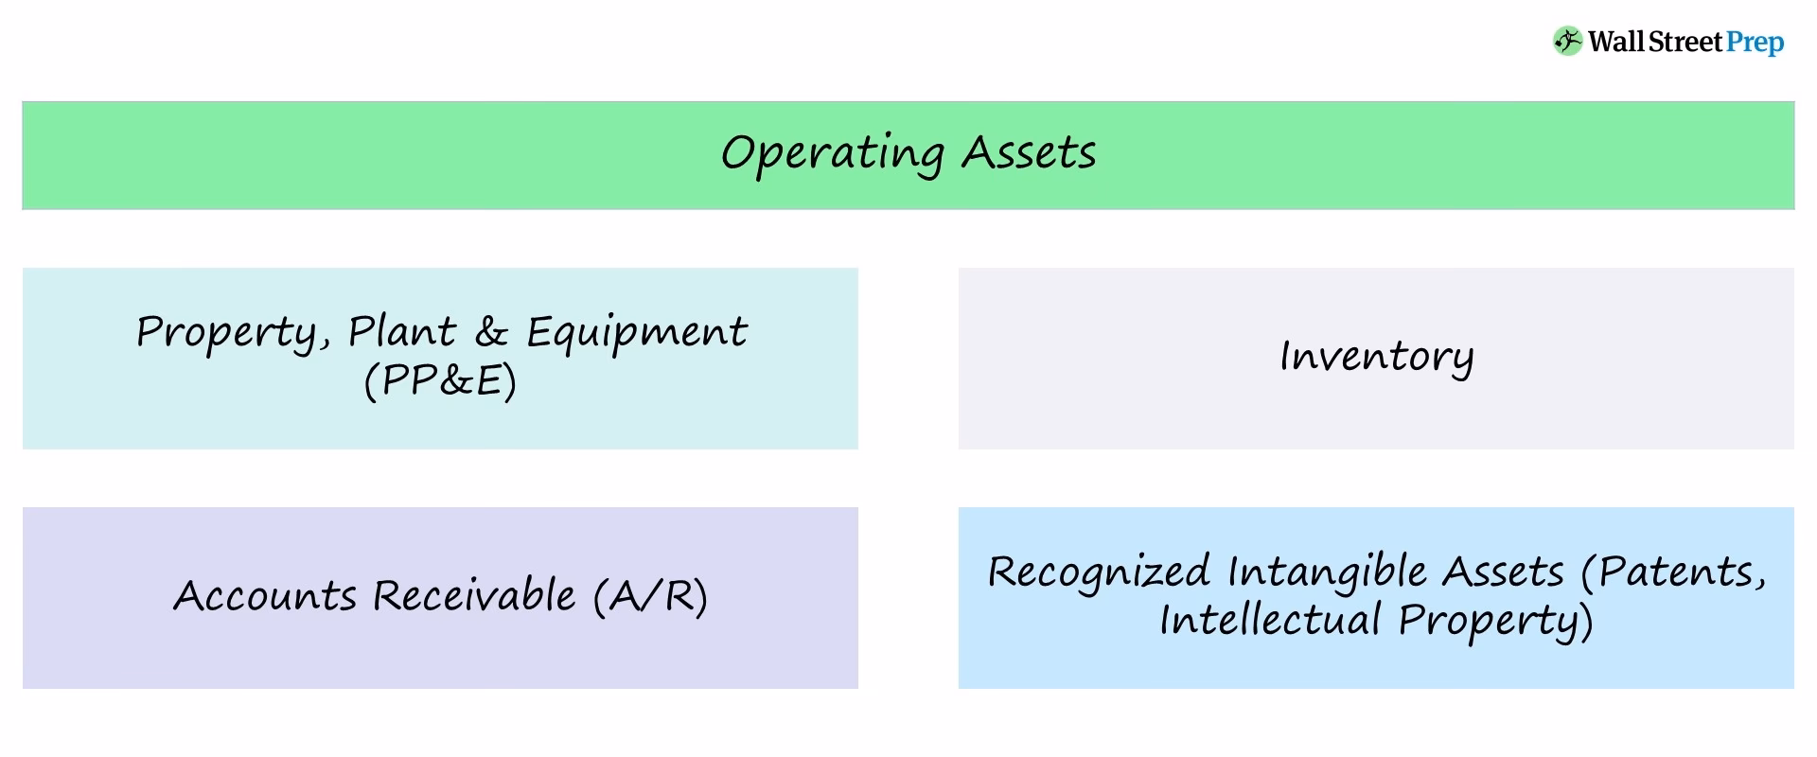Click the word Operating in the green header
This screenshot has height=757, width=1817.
[x=832, y=153]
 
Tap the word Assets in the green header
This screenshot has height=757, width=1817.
[x=1029, y=153]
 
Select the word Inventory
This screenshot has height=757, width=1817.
[x=1376, y=357]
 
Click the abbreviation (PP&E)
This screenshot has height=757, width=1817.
[x=440, y=380]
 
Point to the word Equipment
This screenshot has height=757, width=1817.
[x=636, y=332]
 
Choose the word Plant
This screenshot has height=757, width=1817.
[x=401, y=332]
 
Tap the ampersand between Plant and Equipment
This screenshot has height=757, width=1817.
[x=491, y=332]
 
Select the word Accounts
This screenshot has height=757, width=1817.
[x=265, y=596]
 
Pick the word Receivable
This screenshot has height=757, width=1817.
[x=473, y=596]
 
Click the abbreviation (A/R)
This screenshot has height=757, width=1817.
[x=650, y=596]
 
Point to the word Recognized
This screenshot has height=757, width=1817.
[x=1099, y=572]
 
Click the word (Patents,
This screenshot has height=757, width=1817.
[x=1673, y=572]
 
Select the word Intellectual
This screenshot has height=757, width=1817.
[x=1270, y=620]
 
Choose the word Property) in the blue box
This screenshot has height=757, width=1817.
[x=1496, y=622]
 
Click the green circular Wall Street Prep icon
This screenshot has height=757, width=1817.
[x=1567, y=42]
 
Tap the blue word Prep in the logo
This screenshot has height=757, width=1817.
[x=1755, y=43]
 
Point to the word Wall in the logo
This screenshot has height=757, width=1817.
[x=1616, y=42]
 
